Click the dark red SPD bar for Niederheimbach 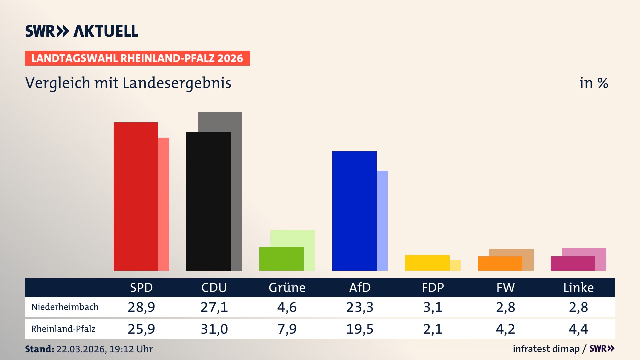pos(136,196)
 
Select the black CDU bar pos(208,201)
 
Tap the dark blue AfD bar pos(354,211)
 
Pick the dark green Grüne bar pos(281,259)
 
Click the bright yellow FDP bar pos(427,263)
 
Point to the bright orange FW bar pos(500,263)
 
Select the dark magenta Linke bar pos(573,263)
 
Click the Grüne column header pos(287,288)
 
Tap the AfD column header pos(360,288)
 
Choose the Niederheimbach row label pos(65,307)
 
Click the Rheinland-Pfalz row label pos(63,329)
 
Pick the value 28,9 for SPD pos(141,307)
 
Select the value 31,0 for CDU pos(214,329)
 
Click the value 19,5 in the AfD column pos(360,329)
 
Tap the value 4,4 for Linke pos(578,329)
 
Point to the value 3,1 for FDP pos(433,307)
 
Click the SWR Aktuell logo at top pos(82,31)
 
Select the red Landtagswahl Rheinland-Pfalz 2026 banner pos(137,58)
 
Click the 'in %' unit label pos(594,83)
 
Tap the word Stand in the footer pos(39,349)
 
